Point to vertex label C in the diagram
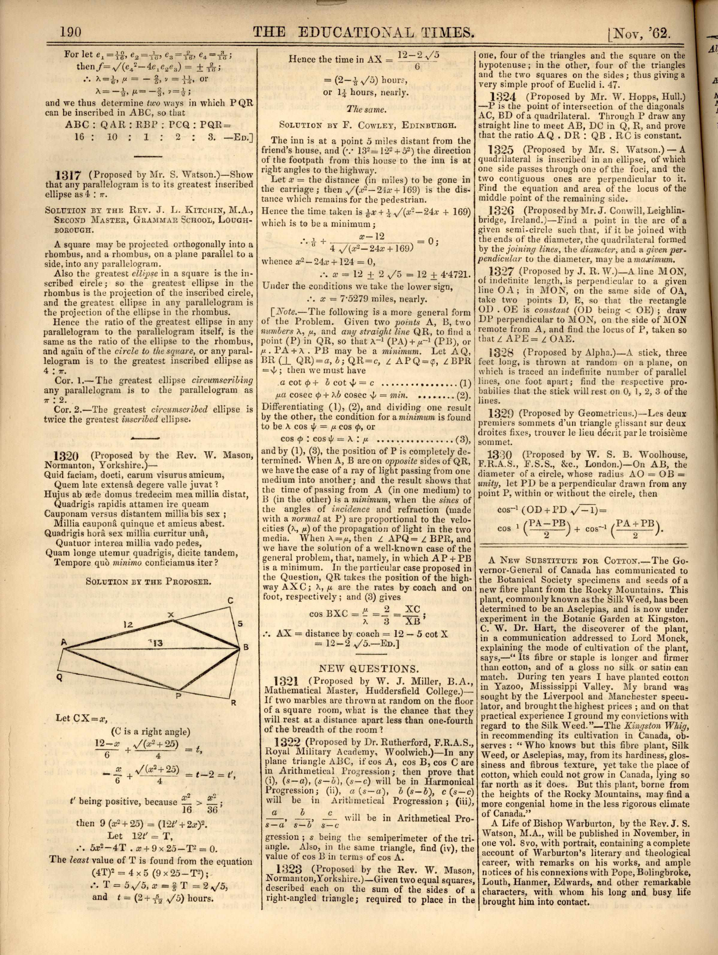point(230,600)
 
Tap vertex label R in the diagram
point(233,704)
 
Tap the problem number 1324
point(504,96)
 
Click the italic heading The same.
point(364,109)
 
